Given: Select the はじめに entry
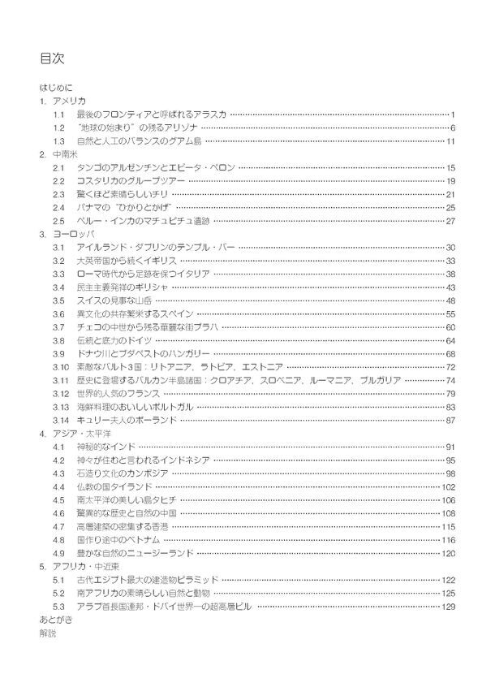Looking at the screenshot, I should pyautogui.click(x=55, y=86).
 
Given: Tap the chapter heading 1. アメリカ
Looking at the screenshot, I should pyautogui.click(x=62, y=101).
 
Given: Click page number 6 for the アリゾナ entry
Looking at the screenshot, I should pyautogui.click(x=452, y=128).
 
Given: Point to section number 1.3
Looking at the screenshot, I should pyautogui.click(x=58, y=142).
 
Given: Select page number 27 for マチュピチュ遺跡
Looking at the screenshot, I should pyautogui.click(x=450, y=221).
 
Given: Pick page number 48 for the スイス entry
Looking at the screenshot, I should pyautogui.click(x=450, y=300).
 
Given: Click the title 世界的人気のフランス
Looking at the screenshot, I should pyautogui.click(x=114, y=394).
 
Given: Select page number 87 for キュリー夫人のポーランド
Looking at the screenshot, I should pyautogui.click(x=450, y=420).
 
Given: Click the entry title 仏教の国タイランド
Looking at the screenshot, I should pyautogui.click(x=115, y=486).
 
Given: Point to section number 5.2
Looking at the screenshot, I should pyautogui.click(x=58, y=593).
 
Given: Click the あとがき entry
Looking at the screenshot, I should pyautogui.click(x=54, y=620).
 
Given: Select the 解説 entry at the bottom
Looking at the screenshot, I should pyautogui.click(x=48, y=633).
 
